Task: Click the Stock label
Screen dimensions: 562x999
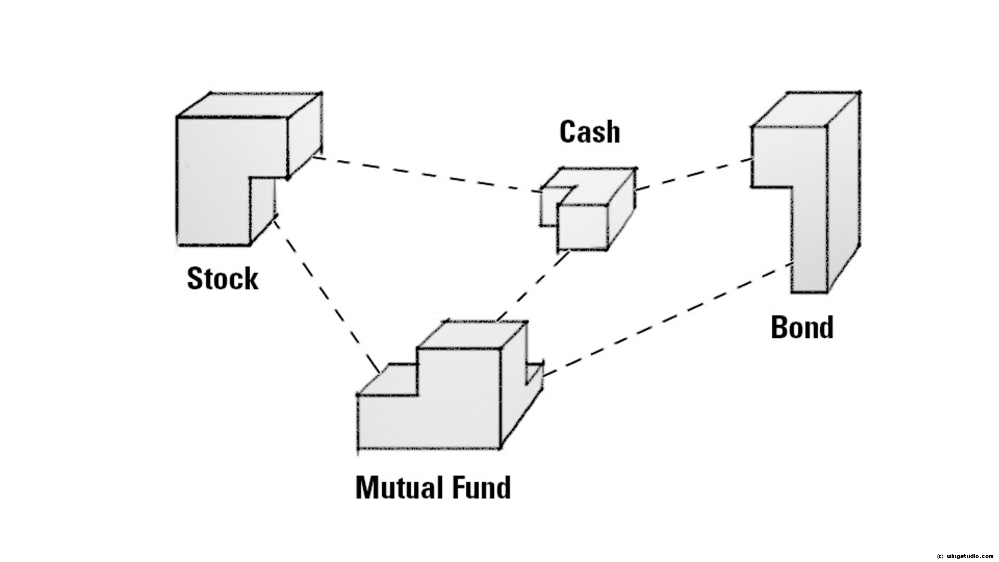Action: pos(222,278)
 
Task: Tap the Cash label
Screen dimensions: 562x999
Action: pos(590,132)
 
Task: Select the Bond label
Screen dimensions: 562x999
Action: pos(802,327)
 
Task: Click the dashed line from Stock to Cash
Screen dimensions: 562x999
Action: pos(427,174)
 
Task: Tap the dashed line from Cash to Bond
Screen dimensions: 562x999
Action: pos(695,174)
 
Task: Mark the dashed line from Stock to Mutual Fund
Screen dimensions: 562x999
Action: pos(325,294)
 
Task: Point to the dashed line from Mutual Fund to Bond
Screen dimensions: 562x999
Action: pos(666,318)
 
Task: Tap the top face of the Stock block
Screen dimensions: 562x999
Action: pos(249,106)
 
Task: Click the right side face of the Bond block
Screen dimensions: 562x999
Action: pos(843,193)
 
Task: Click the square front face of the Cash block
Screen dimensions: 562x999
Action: pos(582,227)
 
